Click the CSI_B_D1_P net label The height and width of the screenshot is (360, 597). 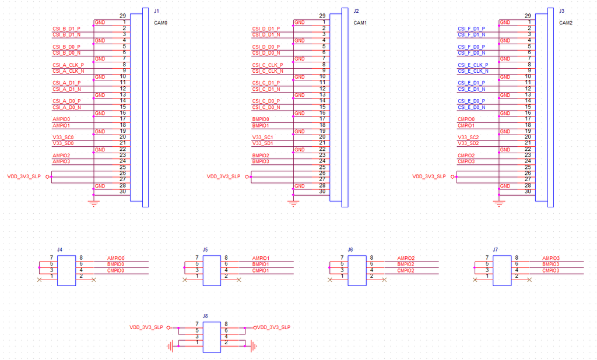pyautogui.click(x=66, y=29)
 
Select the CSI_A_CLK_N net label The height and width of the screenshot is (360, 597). pyautogui.click(x=68, y=71)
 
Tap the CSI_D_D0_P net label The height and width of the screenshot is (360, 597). pyautogui.click(x=266, y=47)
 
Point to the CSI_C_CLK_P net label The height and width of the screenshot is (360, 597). pyautogui.click(x=268, y=65)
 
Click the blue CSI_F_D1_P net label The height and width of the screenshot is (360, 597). pyautogui.click(x=472, y=29)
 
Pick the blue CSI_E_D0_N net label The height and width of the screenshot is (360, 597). pyautogui.click(x=472, y=107)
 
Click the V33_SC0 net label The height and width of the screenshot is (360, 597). pyautogui.click(x=63, y=137)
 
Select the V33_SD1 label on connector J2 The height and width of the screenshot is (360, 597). pyautogui.click(x=262, y=143)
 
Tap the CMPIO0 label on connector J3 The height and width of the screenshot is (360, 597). pyautogui.click(x=466, y=119)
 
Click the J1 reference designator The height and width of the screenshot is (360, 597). pyautogui.click(x=156, y=11)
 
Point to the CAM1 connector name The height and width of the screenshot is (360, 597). pyautogui.click(x=361, y=23)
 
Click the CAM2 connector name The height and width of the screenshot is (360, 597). pyautogui.click(x=566, y=23)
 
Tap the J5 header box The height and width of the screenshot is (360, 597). pyautogui.click(x=211, y=270)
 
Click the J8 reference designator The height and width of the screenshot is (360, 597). pyautogui.click(x=205, y=316)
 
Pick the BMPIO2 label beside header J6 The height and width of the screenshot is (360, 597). pyautogui.click(x=406, y=264)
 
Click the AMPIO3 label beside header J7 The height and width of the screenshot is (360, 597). pyautogui.click(x=551, y=258)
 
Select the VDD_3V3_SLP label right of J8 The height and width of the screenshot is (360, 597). pyautogui.click(x=273, y=327)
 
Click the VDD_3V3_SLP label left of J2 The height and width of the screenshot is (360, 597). pyautogui.click(x=223, y=177)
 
